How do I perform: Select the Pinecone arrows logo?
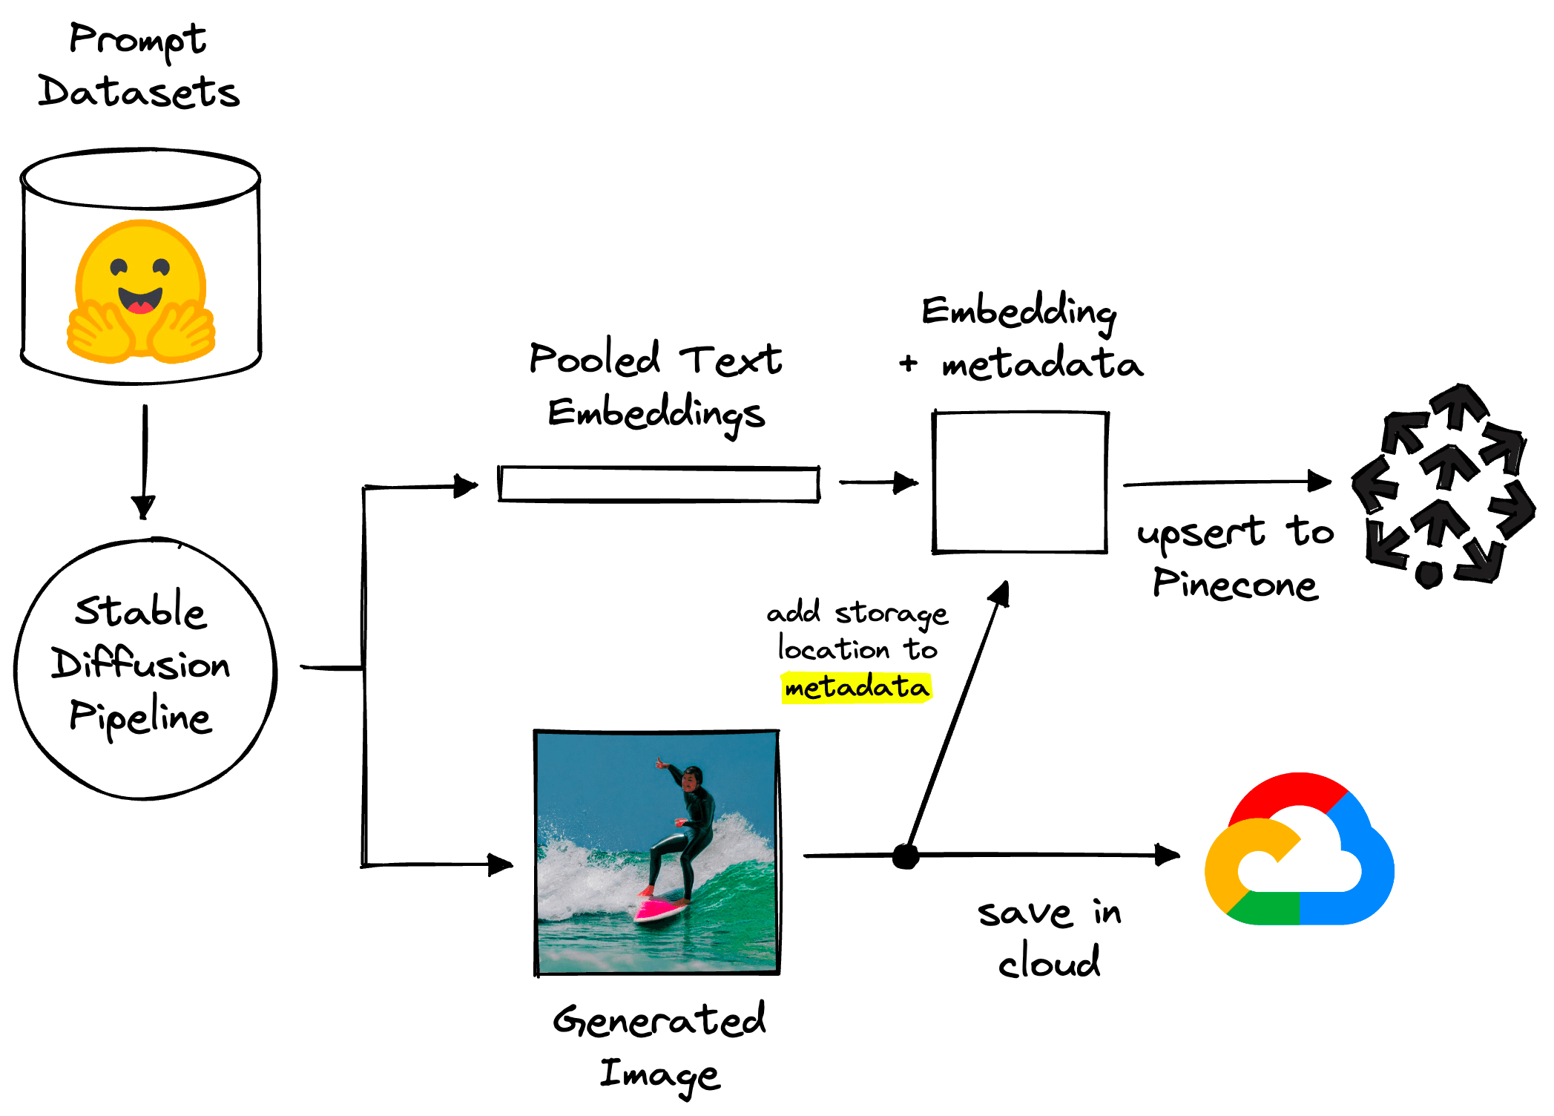[1442, 486]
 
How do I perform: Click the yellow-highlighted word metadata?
[857, 687]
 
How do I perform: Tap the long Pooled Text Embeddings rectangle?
[659, 485]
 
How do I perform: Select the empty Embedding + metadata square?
[1020, 482]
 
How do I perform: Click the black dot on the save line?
[905, 856]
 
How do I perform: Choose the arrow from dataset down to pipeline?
[144, 460]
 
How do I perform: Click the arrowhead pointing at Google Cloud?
[1168, 855]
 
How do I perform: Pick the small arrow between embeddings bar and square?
[879, 482]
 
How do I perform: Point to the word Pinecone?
[1235, 584]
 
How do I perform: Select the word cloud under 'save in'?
[1049, 962]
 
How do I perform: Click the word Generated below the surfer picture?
[659, 1020]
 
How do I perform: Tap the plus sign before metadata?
[908, 364]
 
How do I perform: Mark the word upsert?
[1201, 533]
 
